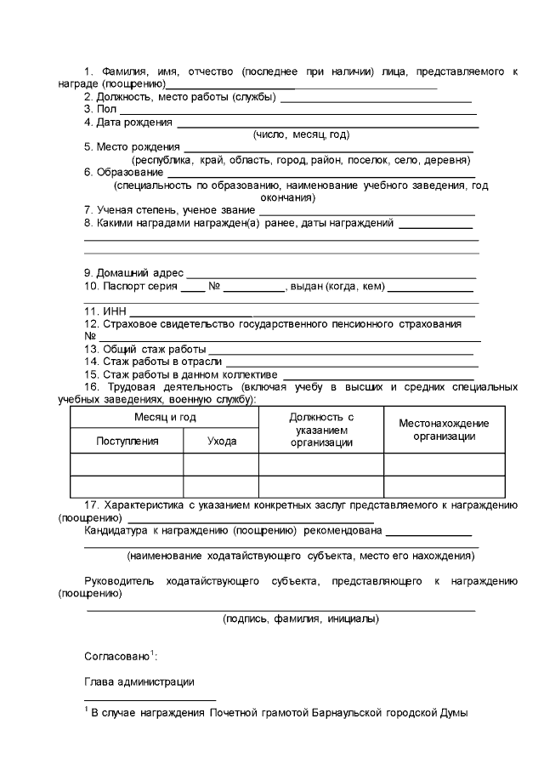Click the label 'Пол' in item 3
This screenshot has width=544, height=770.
coord(107,109)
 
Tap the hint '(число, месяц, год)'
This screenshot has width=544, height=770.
coord(302,134)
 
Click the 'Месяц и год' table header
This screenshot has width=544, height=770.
coord(165,417)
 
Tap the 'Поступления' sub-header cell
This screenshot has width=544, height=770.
coord(127,441)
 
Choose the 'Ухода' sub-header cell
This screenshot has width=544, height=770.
coord(221,441)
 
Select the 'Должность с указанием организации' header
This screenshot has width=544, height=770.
coord(321,430)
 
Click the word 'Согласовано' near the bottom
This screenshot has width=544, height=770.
coord(116,658)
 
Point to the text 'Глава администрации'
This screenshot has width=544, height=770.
coord(139,682)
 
